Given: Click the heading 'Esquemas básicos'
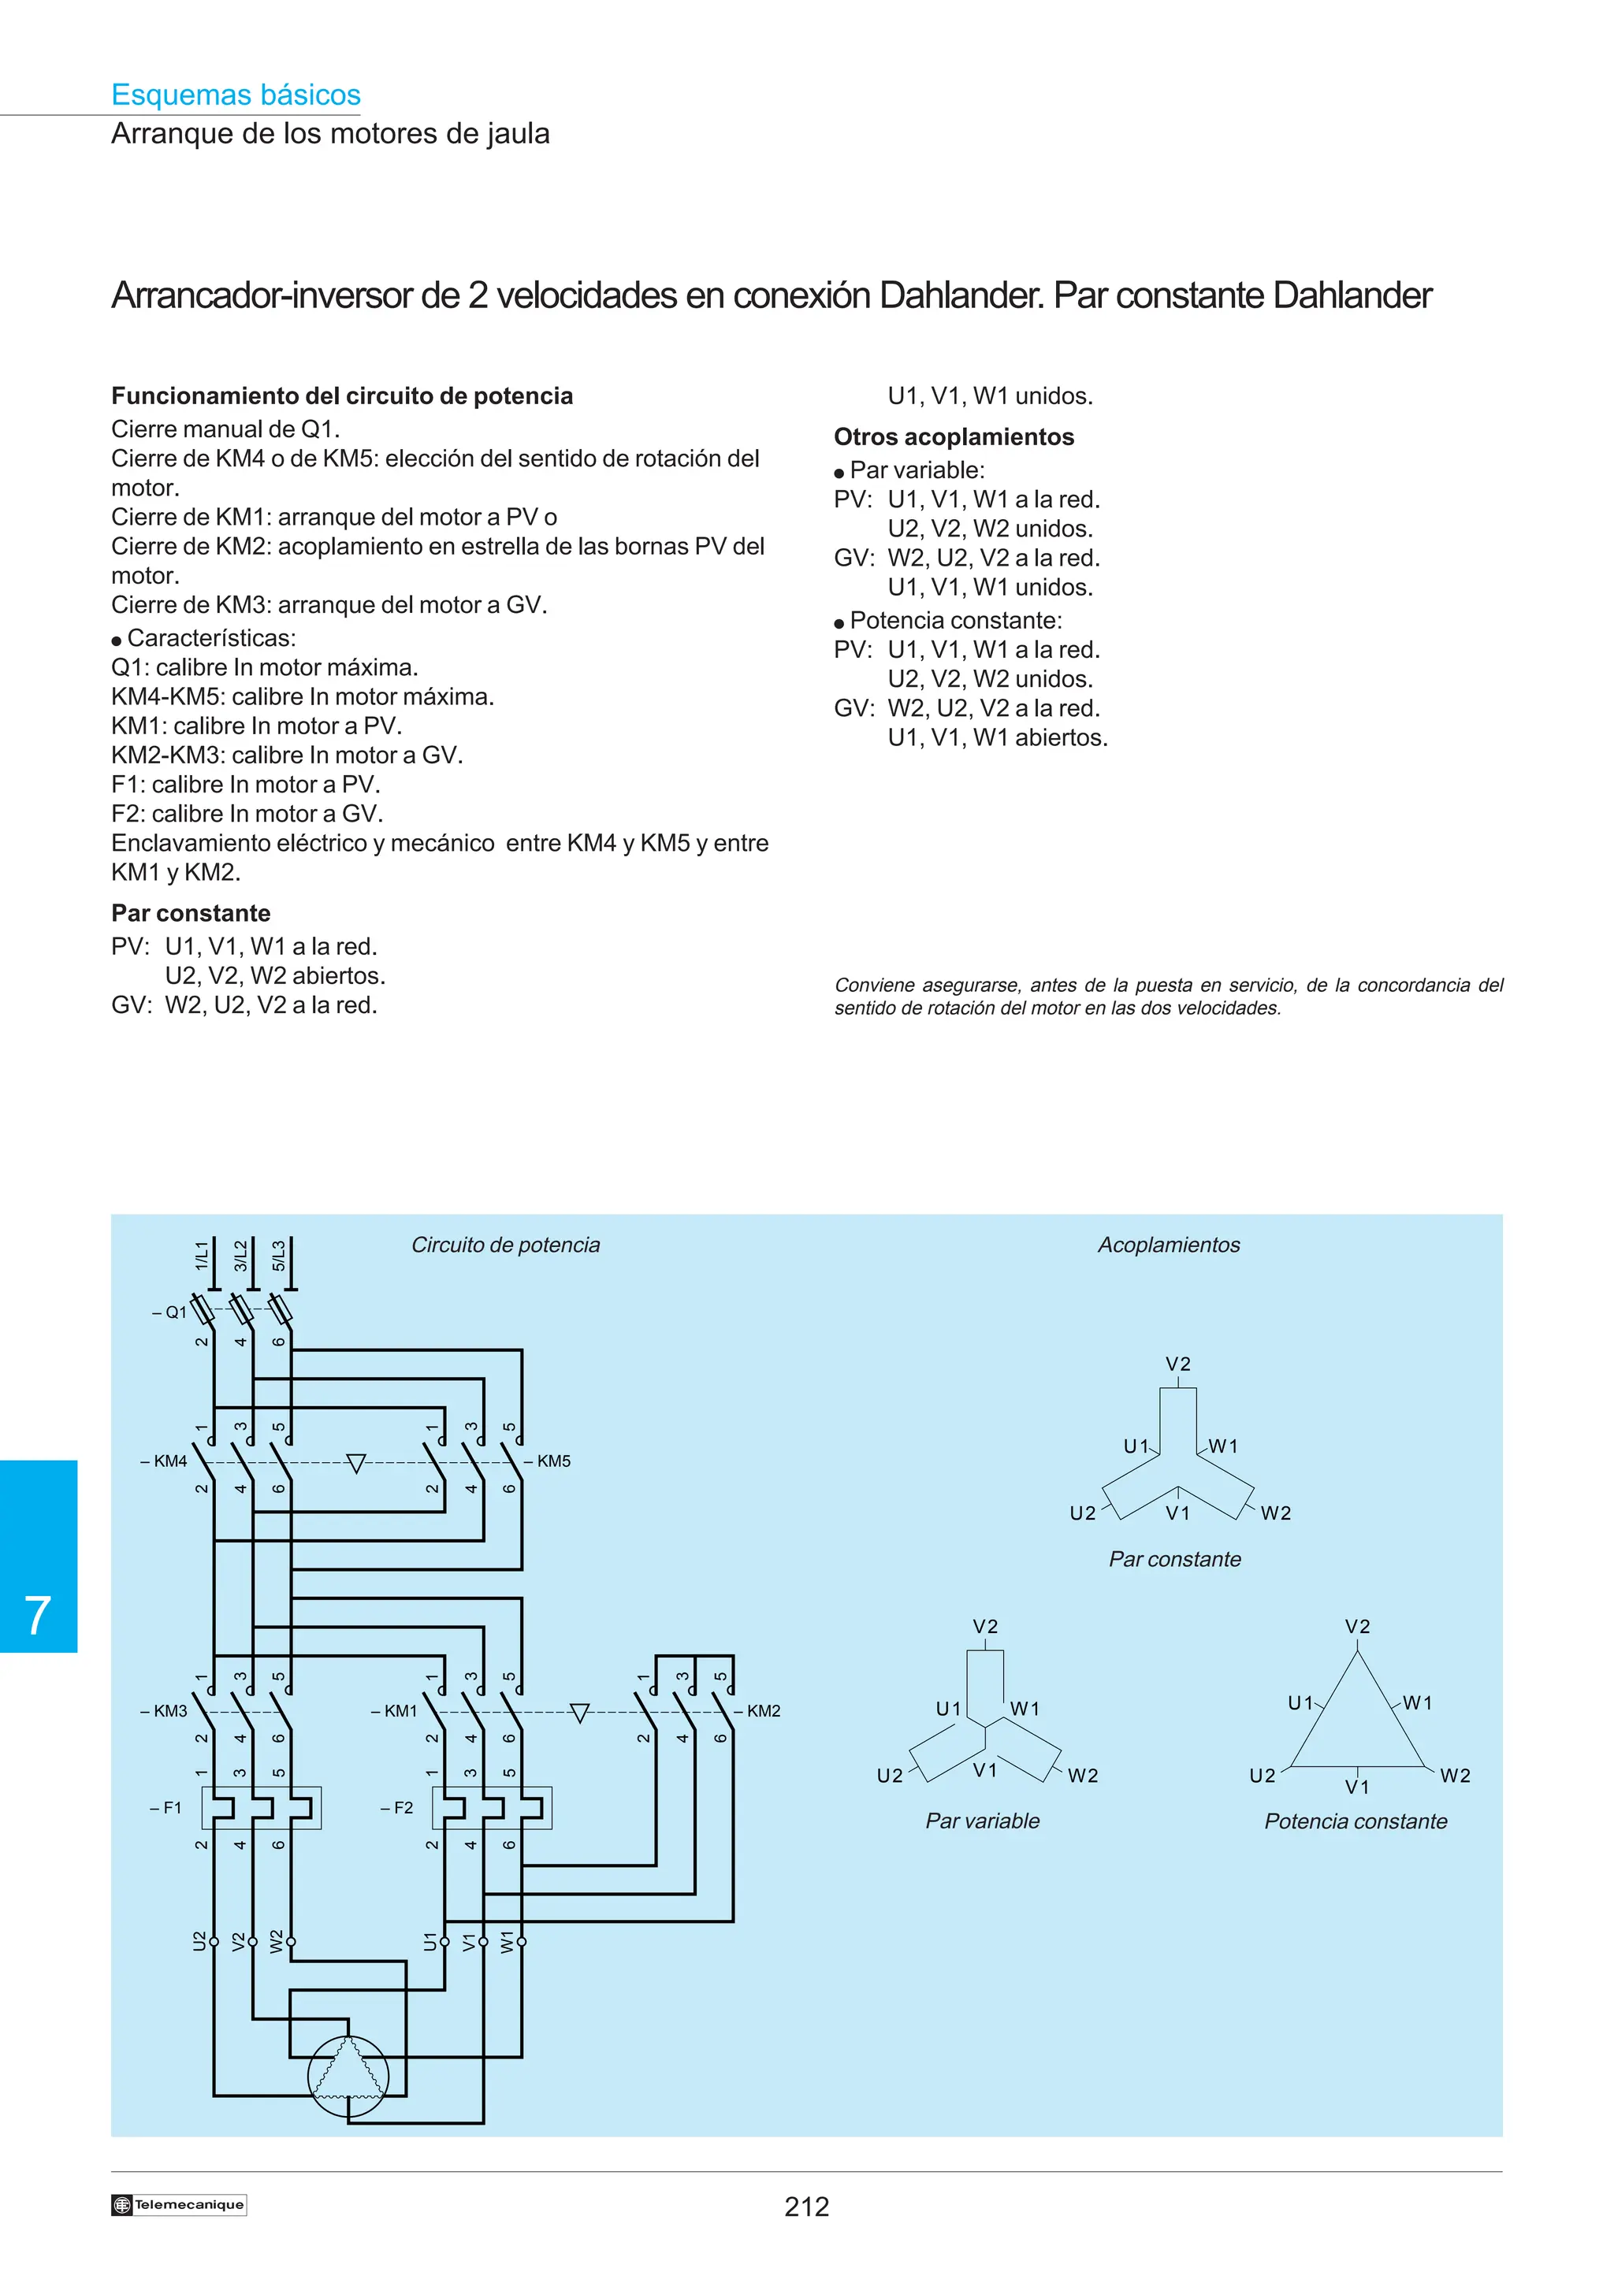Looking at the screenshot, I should [236, 95].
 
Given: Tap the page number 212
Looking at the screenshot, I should [805, 2207].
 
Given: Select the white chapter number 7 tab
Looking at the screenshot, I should [38, 1615].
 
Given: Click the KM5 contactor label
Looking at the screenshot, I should [553, 1461].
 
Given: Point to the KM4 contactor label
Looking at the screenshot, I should [165, 1461].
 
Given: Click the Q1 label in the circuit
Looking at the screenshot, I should [171, 1312].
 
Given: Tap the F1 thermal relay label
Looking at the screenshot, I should [167, 1808].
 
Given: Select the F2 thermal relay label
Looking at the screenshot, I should [398, 1808].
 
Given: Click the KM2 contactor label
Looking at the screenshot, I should [763, 1710].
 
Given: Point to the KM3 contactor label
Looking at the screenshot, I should [165, 1710].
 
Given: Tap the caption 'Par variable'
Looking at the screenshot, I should [983, 1821].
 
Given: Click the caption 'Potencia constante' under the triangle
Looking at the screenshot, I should [1356, 1821].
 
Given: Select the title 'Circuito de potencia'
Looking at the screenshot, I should [505, 1245].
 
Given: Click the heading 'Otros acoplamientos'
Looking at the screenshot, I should [954, 436].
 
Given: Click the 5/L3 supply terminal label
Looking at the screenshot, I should [280, 1255].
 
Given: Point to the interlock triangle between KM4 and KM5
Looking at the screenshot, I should [356, 1463].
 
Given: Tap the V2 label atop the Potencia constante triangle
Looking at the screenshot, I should [1357, 1627].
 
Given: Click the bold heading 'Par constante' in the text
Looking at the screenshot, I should [191, 913].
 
